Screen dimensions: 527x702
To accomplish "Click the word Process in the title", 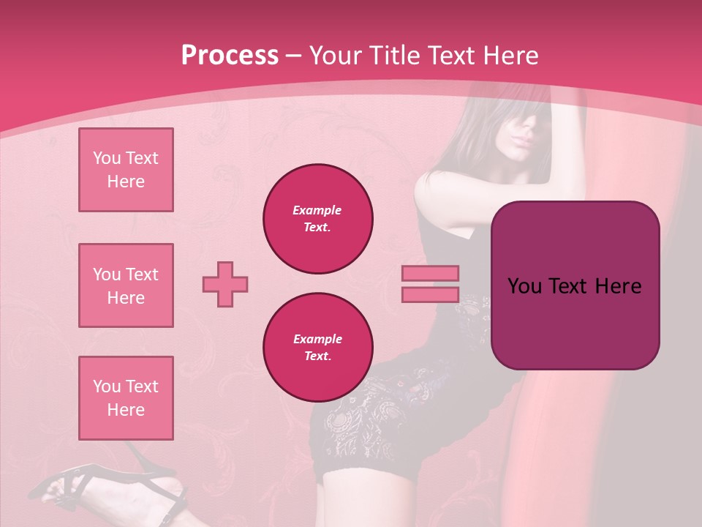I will click(230, 55).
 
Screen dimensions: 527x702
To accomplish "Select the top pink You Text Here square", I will click(126, 170).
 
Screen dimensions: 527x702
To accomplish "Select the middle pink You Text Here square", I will click(126, 285).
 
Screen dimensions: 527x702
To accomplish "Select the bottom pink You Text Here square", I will click(126, 398).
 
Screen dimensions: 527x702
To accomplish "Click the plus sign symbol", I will click(225, 284).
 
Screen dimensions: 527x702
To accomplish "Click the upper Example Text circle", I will click(317, 219).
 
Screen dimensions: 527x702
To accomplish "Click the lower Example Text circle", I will click(317, 348).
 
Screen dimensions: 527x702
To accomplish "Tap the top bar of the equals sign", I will click(430, 273).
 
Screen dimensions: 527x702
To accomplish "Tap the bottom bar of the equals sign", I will click(430, 294).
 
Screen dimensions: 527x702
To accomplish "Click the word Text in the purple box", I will click(567, 286).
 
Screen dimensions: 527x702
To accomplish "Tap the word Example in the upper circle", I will click(317, 210).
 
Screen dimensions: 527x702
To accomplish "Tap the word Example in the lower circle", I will click(317, 339).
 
